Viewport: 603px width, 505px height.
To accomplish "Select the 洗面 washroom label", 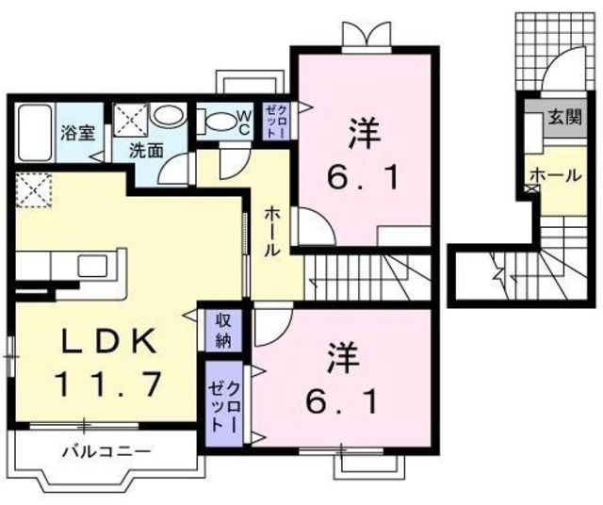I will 147,149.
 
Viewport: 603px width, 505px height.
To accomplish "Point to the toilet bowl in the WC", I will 220,121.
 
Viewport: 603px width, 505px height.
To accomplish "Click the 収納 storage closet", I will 223,329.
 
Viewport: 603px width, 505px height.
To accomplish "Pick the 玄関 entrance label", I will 565,118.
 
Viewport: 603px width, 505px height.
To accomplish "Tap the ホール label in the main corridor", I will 270,232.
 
